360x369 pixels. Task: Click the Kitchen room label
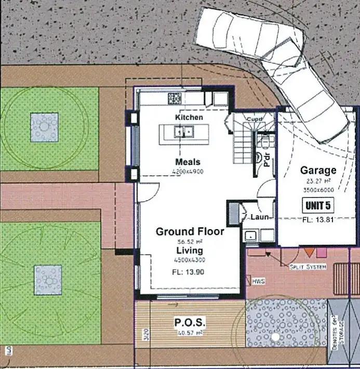(189, 117)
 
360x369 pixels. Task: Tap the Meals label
(188, 162)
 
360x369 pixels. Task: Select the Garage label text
(318, 170)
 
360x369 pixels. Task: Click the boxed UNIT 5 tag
(318, 205)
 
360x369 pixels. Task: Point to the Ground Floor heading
(190, 231)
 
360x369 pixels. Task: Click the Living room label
(189, 251)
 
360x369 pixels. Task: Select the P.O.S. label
(190, 323)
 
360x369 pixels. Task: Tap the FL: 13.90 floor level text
(189, 271)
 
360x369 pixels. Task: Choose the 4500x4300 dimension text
(189, 259)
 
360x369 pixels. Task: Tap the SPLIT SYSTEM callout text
(308, 267)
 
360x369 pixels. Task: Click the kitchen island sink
(183, 133)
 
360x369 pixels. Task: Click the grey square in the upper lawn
(45, 127)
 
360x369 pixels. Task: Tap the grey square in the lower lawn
(48, 279)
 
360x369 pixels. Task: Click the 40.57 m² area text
(189, 333)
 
